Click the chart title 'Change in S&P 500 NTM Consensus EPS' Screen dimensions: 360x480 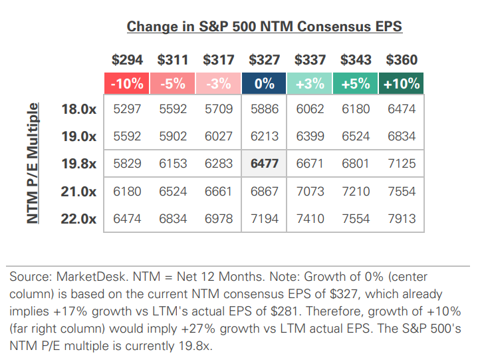point(264,27)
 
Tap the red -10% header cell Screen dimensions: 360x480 point(126,84)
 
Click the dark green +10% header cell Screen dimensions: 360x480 point(402,84)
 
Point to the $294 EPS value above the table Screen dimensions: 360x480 point(126,60)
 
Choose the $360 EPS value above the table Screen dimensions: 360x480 point(402,60)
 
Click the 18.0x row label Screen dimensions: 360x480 point(78,109)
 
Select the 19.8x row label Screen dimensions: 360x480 point(78,164)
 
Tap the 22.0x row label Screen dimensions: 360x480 point(78,218)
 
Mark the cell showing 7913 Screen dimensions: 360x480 point(402,218)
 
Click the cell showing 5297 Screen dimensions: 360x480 point(126,109)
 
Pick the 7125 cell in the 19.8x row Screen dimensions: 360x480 point(402,164)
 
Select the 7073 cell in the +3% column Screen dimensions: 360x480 point(310,192)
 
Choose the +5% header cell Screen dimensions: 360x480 point(356,84)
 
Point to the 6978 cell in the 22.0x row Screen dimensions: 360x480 point(218,218)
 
